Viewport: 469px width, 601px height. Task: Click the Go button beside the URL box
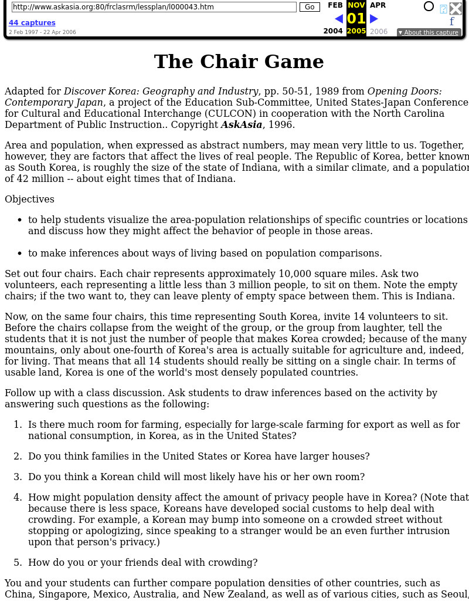point(310,7)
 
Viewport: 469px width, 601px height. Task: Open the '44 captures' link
point(32,23)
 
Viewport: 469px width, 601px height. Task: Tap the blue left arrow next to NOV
point(339,19)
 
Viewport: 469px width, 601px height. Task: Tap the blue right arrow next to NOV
point(374,19)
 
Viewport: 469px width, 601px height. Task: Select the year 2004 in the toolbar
point(333,32)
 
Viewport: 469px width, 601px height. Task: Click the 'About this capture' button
point(429,33)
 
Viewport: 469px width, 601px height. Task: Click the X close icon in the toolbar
point(456,8)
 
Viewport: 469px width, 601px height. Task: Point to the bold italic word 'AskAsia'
point(242,125)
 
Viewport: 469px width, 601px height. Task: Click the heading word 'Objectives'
point(29,200)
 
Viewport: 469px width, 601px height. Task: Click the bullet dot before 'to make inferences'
point(19,254)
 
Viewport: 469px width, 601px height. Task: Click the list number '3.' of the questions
point(18,477)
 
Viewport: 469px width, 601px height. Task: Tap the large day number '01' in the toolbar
point(356,19)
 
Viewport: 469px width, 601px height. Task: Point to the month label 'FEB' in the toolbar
point(335,5)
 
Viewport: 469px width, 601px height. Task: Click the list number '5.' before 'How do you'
point(18,563)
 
